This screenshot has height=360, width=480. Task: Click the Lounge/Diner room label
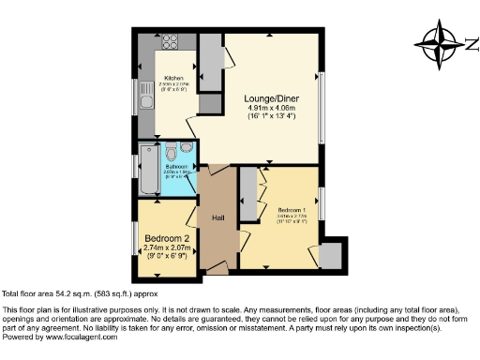pos(271,97)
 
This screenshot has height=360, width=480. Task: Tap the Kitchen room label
pos(173,78)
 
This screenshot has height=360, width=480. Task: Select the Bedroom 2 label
pos(165,237)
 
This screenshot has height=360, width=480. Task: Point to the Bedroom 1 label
pos(291,209)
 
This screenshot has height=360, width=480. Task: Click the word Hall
pos(217,218)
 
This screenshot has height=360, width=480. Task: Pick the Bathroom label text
pos(175,166)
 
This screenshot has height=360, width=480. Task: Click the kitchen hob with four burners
pos(172,41)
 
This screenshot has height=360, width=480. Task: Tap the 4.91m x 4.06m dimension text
pos(271,108)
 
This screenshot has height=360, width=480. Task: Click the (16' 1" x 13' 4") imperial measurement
pos(271,117)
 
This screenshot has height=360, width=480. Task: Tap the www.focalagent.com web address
pos(80,337)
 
